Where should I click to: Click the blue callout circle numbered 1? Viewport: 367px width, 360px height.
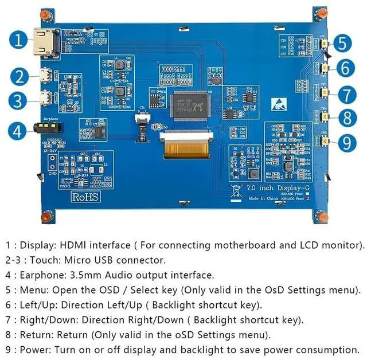(x=19, y=40)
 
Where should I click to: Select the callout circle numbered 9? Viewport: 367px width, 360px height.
(x=346, y=142)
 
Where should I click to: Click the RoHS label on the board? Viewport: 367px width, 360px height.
(x=85, y=196)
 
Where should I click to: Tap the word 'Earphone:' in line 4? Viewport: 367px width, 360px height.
(x=42, y=275)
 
